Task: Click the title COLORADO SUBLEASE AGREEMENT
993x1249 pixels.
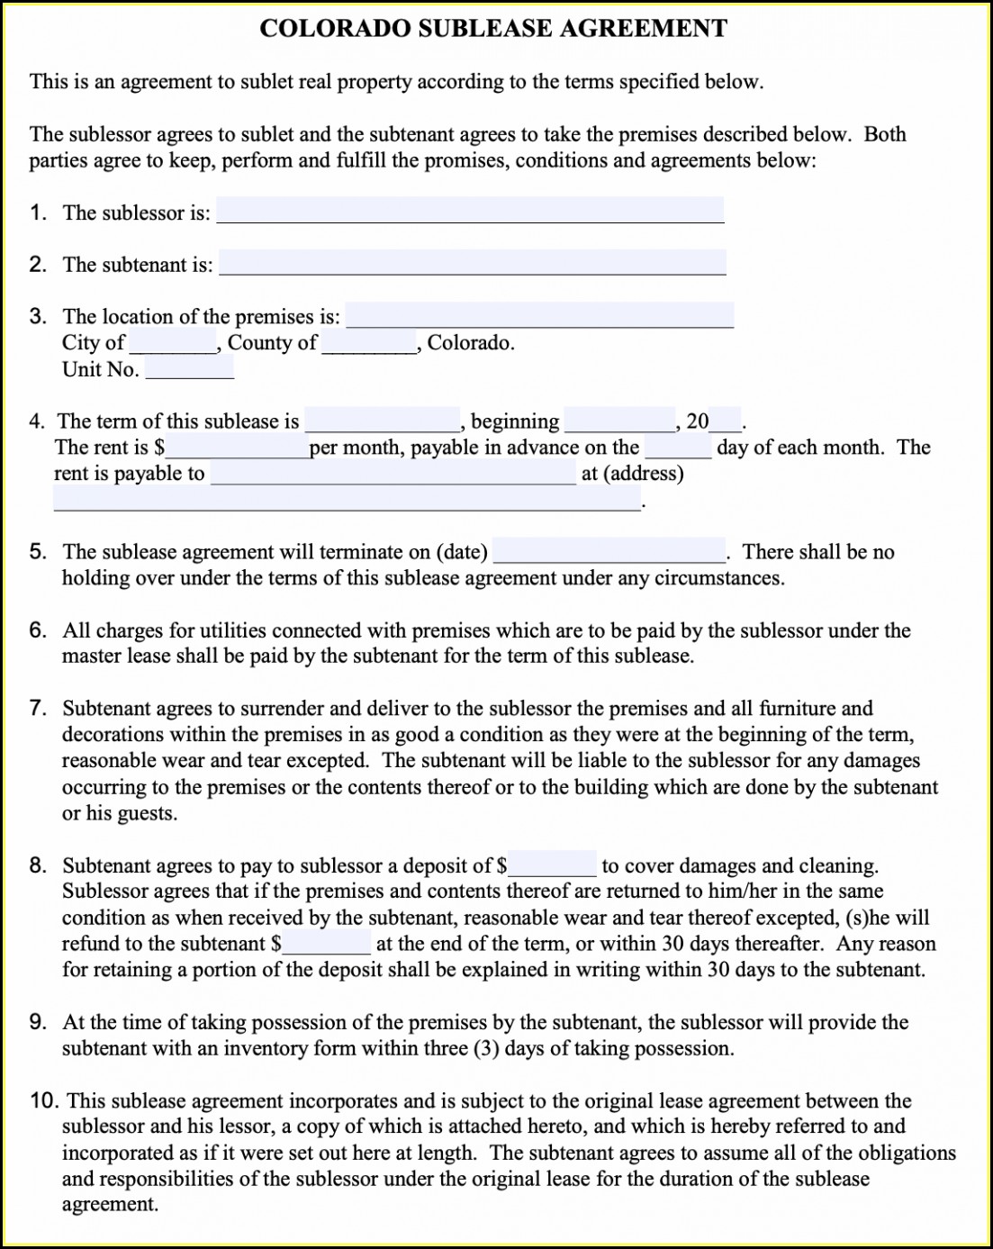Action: coord(493,29)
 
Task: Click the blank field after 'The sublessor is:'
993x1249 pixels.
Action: coord(470,211)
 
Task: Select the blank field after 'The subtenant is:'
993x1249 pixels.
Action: coord(472,263)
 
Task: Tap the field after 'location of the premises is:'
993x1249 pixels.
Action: coord(539,315)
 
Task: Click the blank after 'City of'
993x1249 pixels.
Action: coord(172,342)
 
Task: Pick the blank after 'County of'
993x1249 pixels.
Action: coord(368,342)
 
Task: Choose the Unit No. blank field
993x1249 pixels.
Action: coord(189,367)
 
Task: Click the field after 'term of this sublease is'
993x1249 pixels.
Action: coord(383,421)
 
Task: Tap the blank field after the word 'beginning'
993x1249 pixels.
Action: coord(619,421)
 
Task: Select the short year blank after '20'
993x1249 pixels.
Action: coord(726,421)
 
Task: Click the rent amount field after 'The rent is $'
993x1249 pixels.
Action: coord(237,447)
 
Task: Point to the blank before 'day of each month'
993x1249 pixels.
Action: coord(678,447)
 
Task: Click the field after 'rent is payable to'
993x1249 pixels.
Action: coord(393,473)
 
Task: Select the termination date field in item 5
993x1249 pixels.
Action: coord(609,550)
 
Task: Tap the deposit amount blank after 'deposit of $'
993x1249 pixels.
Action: coord(552,864)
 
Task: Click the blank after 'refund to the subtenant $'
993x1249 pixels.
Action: coord(327,943)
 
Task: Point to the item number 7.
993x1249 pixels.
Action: coord(37,708)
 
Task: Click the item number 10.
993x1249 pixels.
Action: coord(44,1100)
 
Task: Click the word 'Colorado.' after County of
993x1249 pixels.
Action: coord(471,342)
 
